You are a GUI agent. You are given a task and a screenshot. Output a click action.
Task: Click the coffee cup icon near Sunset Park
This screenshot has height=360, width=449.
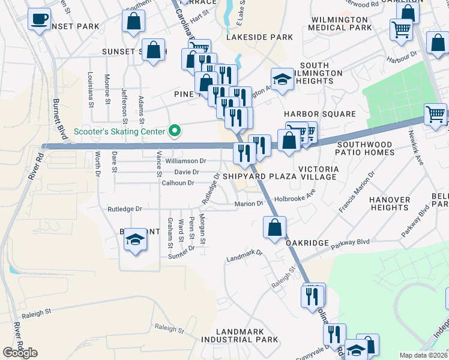coord(40,20)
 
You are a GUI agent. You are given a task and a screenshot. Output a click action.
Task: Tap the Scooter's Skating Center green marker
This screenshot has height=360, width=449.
coord(175,130)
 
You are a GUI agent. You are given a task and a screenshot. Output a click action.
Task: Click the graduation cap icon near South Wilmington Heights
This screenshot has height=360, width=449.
coord(282,79)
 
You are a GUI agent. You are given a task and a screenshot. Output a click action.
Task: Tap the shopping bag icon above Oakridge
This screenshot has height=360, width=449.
coord(274,228)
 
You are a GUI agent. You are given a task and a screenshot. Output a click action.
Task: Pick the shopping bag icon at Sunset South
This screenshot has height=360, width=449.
coord(154,50)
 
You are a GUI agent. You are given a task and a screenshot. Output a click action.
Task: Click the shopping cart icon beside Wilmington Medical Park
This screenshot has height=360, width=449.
coord(401,29)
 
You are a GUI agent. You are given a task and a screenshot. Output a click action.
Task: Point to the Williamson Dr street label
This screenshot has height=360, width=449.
coord(186,161)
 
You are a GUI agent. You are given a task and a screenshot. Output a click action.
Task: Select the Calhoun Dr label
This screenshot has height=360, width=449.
coord(179,183)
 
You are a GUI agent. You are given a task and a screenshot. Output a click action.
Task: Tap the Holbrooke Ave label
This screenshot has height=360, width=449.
coord(295,197)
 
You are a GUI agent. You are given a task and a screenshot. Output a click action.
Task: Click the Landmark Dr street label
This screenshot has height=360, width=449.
coord(244,256)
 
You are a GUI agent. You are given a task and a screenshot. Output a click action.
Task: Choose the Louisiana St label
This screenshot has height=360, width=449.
coord(91,89)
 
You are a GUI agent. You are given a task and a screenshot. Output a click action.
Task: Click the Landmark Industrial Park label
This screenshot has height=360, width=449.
coord(247,335)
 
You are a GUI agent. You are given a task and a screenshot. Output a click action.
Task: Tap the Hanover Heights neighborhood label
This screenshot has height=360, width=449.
coord(390,203)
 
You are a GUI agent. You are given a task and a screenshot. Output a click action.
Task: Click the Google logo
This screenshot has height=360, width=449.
coord(20,353)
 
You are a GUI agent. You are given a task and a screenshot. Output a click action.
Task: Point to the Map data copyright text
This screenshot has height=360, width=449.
coord(424,355)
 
